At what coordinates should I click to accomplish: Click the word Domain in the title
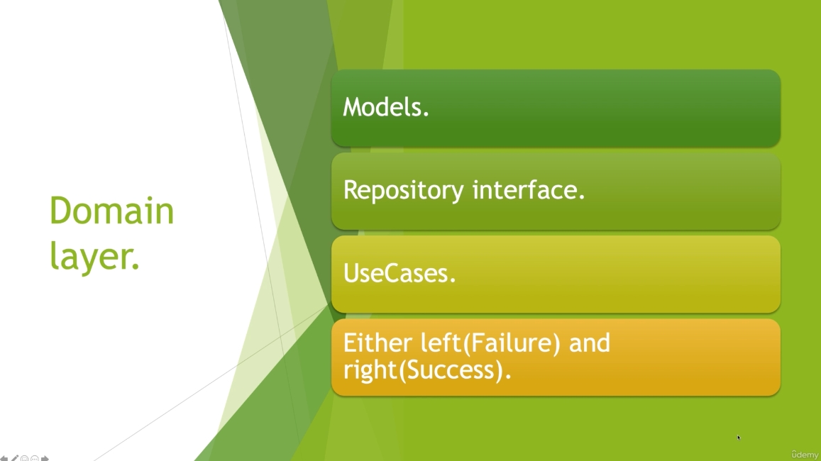[x=111, y=211]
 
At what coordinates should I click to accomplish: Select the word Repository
[x=403, y=191]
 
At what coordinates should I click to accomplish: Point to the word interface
[x=525, y=189]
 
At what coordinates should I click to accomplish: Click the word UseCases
[x=396, y=273]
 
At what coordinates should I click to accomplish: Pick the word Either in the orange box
[x=378, y=343]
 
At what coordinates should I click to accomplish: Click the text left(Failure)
[x=490, y=344]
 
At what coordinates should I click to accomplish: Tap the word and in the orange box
[x=590, y=343]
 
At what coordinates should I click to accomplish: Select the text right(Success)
[x=424, y=370]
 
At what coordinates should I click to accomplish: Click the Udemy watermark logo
[x=804, y=454]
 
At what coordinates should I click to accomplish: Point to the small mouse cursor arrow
[x=739, y=438]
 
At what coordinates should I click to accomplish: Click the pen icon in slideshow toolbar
[x=15, y=458]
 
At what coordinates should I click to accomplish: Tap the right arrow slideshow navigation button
[x=45, y=458]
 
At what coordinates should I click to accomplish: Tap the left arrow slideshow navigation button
[x=4, y=458]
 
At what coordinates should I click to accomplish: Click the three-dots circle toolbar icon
[x=35, y=458]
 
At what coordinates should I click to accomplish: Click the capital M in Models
[x=353, y=107]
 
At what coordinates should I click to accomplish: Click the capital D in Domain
[x=61, y=211]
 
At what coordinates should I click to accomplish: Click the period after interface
[x=582, y=198]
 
